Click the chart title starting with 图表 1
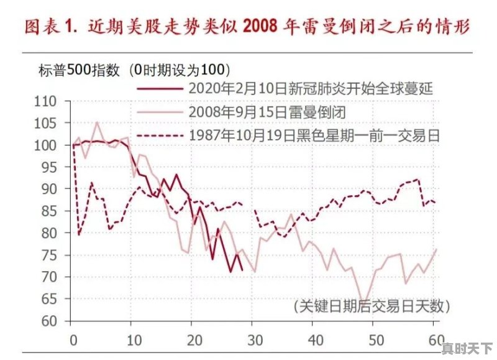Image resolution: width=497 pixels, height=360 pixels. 247,28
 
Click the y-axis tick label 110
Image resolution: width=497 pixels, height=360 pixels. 45,101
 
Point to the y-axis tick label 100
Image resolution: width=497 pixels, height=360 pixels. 45,145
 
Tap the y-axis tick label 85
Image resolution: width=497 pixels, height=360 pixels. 49,211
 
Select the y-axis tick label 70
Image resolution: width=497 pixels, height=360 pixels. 49,277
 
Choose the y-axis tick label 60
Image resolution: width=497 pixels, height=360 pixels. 49,321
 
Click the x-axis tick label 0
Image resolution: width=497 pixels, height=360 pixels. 73,341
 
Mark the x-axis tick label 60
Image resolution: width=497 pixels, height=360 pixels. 436,341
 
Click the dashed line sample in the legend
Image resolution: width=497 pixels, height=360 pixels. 159,135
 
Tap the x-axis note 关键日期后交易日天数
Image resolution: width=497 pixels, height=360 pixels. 371,307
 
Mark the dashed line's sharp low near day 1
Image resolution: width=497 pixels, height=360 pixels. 79,234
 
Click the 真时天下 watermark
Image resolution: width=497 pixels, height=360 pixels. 467,347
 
